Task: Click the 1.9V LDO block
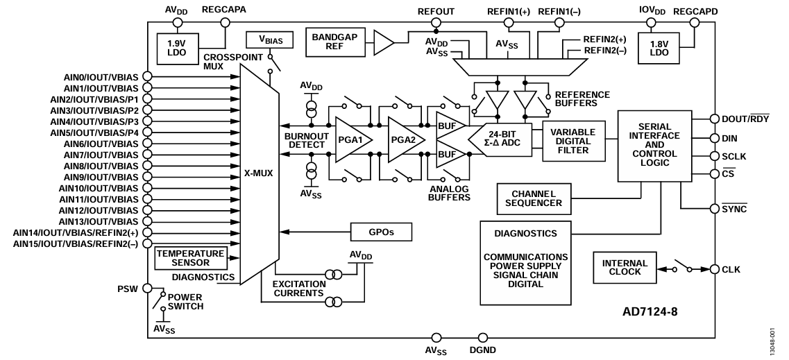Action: tap(178, 49)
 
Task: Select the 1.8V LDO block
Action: tap(659, 49)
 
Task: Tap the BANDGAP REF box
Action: tap(334, 42)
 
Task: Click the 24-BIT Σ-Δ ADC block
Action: tap(500, 139)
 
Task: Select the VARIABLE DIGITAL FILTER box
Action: tap(574, 141)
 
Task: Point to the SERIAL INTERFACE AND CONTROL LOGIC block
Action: tap(654, 146)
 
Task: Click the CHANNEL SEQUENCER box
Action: tap(534, 198)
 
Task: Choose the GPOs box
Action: tap(381, 232)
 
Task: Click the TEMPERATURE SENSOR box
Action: tap(191, 258)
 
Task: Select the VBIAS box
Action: tap(270, 40)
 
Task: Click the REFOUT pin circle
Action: tap(436, 23)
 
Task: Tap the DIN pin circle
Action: tap(714, 138)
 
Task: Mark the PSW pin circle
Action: tap(147, 288)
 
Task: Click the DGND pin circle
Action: tap(482, 337)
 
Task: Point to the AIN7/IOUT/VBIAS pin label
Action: tap(101, 155)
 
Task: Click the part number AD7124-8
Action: tap(650, 311)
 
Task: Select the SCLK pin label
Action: tap(734, 156)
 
